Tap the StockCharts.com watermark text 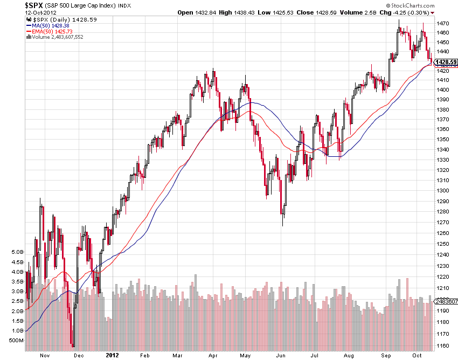click(428, 5)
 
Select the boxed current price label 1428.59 click(447, 61)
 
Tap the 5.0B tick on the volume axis click(17, 252)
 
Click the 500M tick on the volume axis click(16, 341)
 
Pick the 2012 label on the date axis click(112, 356)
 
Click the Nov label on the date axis click(45, 356)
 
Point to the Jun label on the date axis click(281, 356)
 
